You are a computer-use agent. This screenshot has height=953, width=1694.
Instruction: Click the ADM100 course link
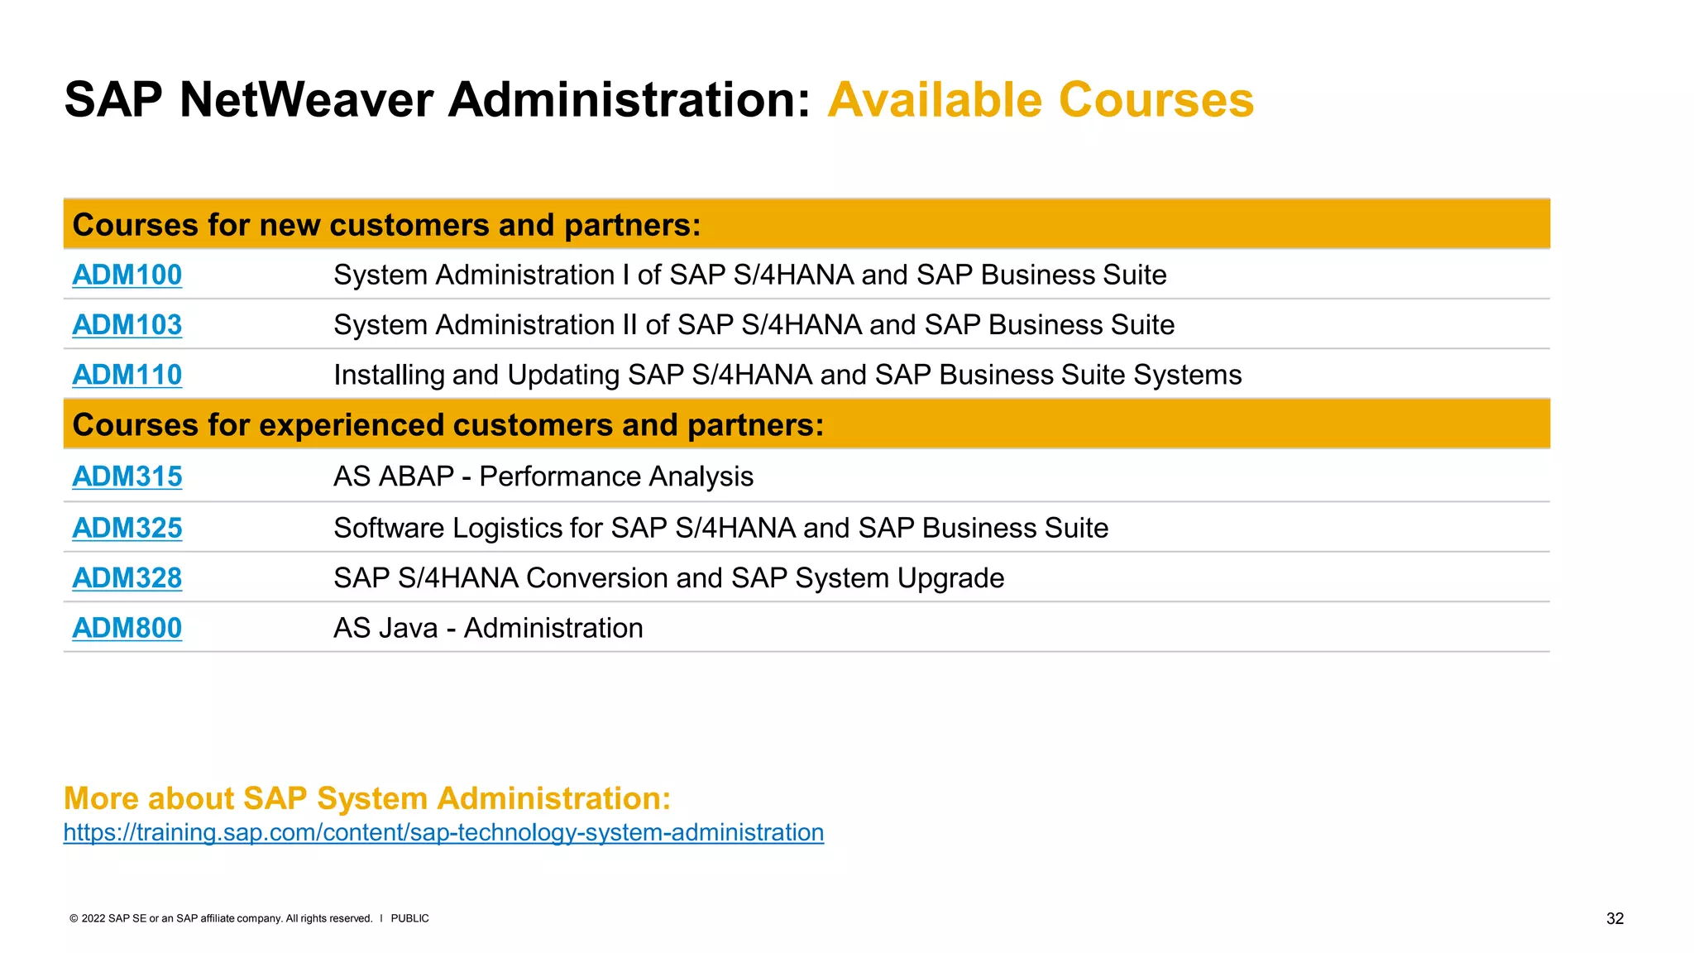pyautogui.click(x=127, y=275)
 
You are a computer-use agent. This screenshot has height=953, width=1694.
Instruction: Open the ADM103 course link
pyautogui.click(x=127, y=325)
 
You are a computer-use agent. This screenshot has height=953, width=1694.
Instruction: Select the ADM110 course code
pyautogui.click(x=127, y=375)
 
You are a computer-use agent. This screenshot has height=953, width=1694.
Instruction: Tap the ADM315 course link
pyautogui.click(x=127, y=476)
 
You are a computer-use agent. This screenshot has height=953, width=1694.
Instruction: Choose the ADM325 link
pyautogui.click(x=127, y=528)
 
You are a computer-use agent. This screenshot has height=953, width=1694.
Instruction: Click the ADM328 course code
pyautogui.click(x=127, y=578)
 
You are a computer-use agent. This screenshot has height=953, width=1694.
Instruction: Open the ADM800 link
pyautogui.click(x=127, y=628)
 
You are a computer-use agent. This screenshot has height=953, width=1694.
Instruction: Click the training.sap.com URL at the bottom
pyautogui.click(x=443, y=832)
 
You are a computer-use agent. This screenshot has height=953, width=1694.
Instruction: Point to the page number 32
pyautogui.click(x=1615, y=919)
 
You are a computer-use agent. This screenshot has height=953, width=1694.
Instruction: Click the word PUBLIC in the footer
pyautogui.click(x=409, y=918)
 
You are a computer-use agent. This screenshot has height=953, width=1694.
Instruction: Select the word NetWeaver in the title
pyautogui.click(x=306, y=100)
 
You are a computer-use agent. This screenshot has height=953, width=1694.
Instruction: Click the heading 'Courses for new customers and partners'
pyautogui.click(x=386, y=225)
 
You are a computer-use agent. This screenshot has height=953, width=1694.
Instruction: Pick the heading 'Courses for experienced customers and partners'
pyautogui.click(x=447, y=425)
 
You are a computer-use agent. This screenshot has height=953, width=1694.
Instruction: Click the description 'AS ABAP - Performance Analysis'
pyautogui.click(x=543, y=476)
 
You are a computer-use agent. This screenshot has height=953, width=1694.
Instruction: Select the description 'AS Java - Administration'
pyautogui.click(x=487, y=628)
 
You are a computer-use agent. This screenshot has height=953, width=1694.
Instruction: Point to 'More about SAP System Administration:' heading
pyautogui.click(x=366, y=798)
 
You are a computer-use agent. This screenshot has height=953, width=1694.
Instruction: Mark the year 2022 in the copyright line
pyautogui.click(x=93, y=918)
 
